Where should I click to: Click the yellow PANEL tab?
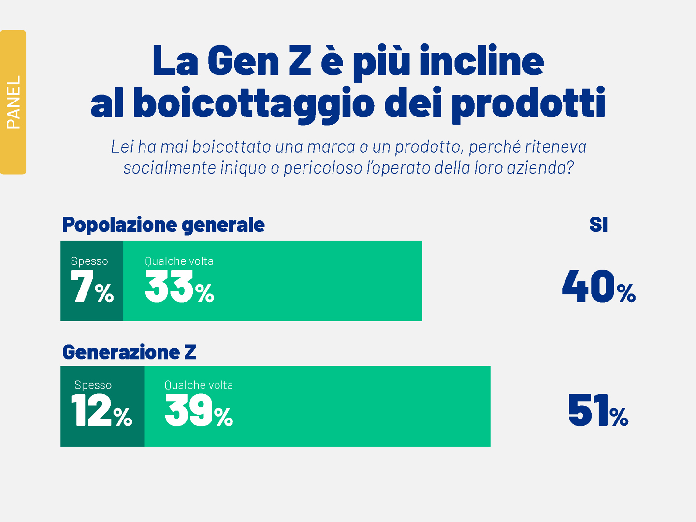[13, 102]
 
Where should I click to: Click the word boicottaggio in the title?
[254, 103]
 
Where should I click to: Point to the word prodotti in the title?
[528, 103]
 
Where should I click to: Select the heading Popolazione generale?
[163, 225]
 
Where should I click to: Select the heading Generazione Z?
[129, 352]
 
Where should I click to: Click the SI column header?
[598, 225]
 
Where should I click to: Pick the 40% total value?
[598, 287]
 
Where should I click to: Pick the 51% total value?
[598, 411]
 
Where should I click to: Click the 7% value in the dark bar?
[92, 287]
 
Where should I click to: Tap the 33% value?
[179, 287]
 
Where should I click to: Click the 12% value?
[101, 411]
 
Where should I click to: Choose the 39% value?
[199, 411]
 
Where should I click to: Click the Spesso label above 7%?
[89, 261]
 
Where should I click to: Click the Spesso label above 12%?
[93, 385]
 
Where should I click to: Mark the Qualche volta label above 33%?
[179, 261]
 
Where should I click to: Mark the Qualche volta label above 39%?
[199, 385]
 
